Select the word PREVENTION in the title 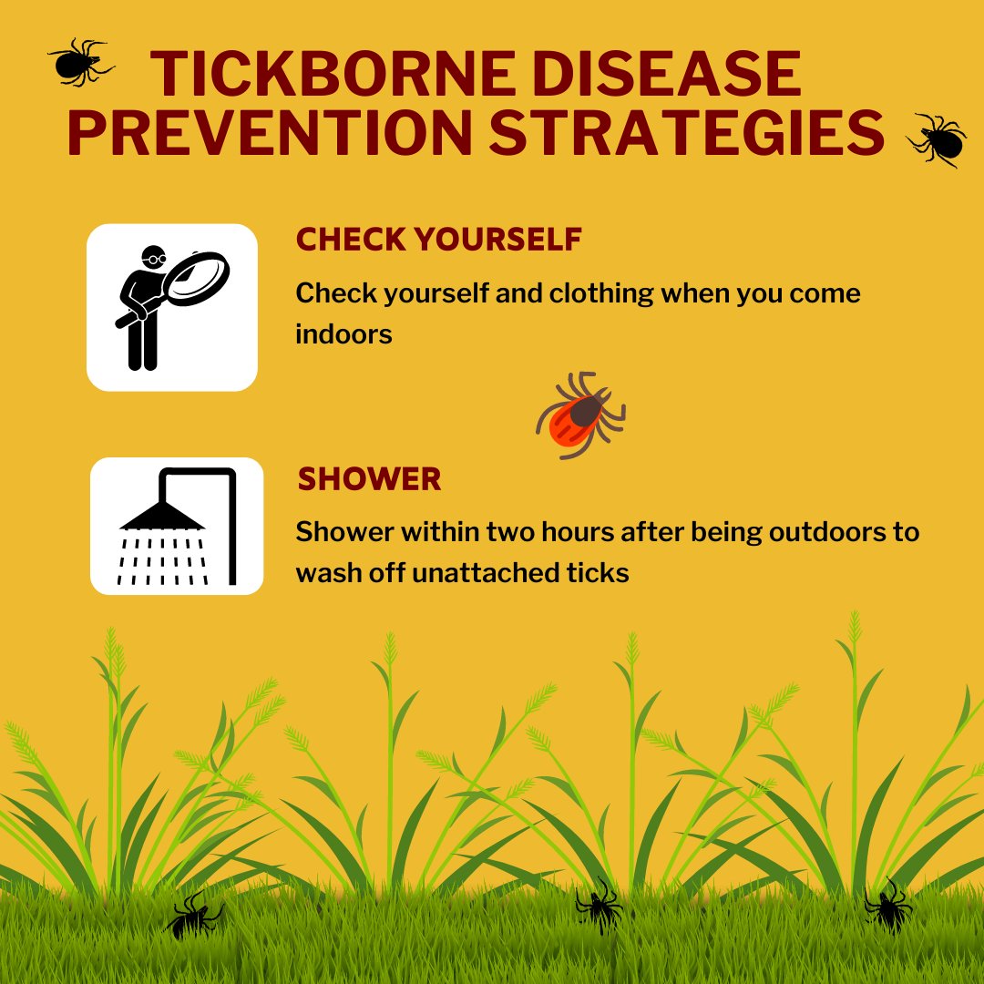click(x=270, y=132)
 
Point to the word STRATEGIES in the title click(x=687, y=132)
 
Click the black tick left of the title click(x=79, y=62)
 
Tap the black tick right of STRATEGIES click(x=938, y=140)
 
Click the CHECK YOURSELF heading click(x=438, y=239)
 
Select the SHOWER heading click(x=369, y=479)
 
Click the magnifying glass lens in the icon click(x=197, y=278)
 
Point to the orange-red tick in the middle click(x=580, y=415)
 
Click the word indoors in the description click(x=343, y=333)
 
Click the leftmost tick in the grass click(x=194, y=916)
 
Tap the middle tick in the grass click(x=600, y=906)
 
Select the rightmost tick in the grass click(x=887, y=906)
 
